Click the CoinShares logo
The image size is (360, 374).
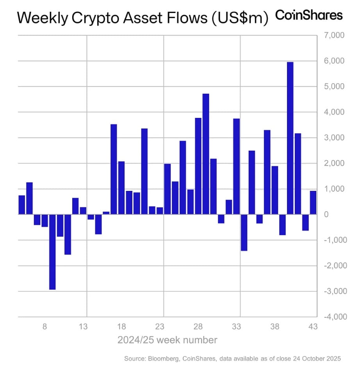pyautogui.click(x=309, y=15)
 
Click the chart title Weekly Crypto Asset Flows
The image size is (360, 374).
pyautogui.click(x=143, y=18)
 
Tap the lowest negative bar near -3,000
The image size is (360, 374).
pyautogui.click(x=52, y=252)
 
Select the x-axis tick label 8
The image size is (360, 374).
pyautogui.click(x=45, y=327)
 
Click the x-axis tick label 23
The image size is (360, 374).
pyautogui.click(x=160, y=327)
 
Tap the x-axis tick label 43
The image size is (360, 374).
pyautogui.click(x=313, y=327)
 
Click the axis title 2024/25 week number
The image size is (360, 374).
pyautogui.click(x=167, y=340)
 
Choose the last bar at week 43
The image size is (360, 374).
pyautogui.click(x=313, y=203)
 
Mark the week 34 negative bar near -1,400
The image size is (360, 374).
pyautogui.click(x=244, y=232)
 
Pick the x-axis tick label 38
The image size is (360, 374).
pyautogui.click(x=274, y=327)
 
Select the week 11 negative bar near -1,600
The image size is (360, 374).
pyautogui.click(x=68, y=234)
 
